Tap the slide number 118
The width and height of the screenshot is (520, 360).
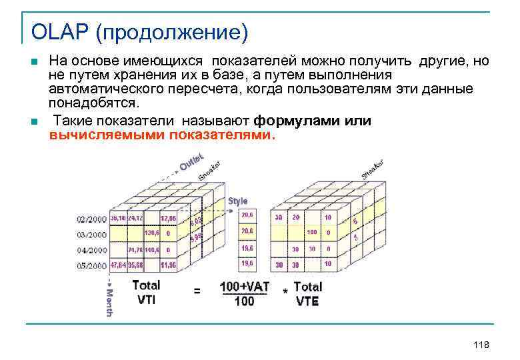tap(481, 345)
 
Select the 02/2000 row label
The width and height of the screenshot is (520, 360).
tap(91, 219)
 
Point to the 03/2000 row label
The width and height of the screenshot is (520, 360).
tap(91, 234)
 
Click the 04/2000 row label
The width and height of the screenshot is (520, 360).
tap(91, 250)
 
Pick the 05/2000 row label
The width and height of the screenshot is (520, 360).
tap(91, 265)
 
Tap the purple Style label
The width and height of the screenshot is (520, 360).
tap(238, 201)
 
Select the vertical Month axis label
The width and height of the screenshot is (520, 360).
tap(109, 302)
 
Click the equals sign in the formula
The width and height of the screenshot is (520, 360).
tap(197, 291)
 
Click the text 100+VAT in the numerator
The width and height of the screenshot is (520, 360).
tap(245, 287)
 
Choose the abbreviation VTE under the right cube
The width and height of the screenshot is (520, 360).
tap(307, 301)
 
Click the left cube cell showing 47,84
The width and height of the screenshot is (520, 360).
tap(118, 265)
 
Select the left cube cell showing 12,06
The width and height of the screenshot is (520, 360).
tap(169, 219)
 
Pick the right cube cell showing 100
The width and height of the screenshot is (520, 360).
tap(311, 233)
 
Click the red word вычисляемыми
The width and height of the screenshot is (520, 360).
tap(107, 135)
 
